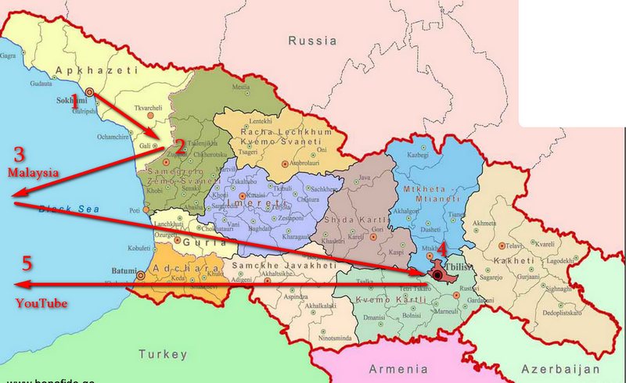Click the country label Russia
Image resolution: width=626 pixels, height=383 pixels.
(311, 40)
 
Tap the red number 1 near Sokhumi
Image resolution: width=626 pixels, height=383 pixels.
(76, 99)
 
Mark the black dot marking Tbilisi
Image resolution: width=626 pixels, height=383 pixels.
(436, 275)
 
